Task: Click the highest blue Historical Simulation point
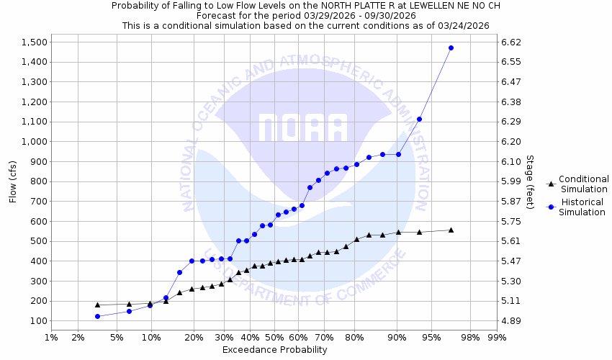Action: pos(451,48)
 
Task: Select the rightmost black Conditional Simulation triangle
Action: pos(451,230)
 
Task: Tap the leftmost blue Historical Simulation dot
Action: pos(97,316)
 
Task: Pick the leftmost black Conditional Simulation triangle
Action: pos(97,305)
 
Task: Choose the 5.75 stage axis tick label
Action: pos(509,222)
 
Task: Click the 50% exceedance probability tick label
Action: pos(274,337)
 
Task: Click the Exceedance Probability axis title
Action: pos(274,350)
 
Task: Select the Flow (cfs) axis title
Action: pos(12,181)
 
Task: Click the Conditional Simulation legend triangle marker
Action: pos(551,184)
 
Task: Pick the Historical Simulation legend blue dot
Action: pos(551,207)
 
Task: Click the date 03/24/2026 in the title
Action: pos(465,25)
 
